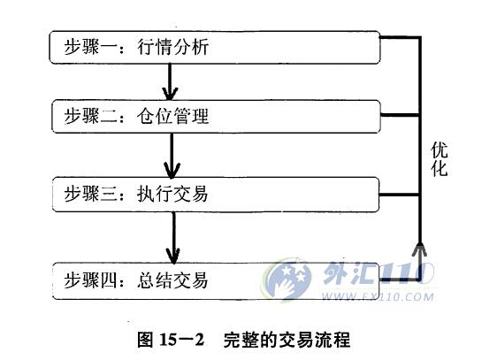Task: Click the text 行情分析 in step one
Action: click(x=172, y=47)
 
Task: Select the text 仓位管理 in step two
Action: click(x=172, y=116)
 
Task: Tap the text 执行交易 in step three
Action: click(x=172, y=194)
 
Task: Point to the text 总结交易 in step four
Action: click(x=172, y=280)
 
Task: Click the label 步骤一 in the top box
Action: click(x=91, y=47)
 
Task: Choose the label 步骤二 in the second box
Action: click(x=91, y=116)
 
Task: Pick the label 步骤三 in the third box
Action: click(x=91, y=194)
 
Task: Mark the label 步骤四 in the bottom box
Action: click(x=91, y=280)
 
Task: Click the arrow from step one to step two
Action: click(x=170, y=81)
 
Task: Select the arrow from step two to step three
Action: click(x=172, y=156)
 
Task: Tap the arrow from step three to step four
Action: click(x=173, y=238)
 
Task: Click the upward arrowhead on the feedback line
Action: click(x=419, y=249)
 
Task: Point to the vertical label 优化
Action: click(x=440, y=159)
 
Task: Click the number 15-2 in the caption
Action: click(x=181, y=340)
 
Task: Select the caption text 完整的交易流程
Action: click(x=287, y=340)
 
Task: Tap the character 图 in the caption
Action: click(x=146, y=340)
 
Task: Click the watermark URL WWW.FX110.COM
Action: click(x=378, y=297)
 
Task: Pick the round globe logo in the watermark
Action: click(x=287, y=280)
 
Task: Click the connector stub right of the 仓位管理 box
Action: click(x=400, y=115)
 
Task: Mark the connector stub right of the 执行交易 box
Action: click(x=399, y=195)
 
